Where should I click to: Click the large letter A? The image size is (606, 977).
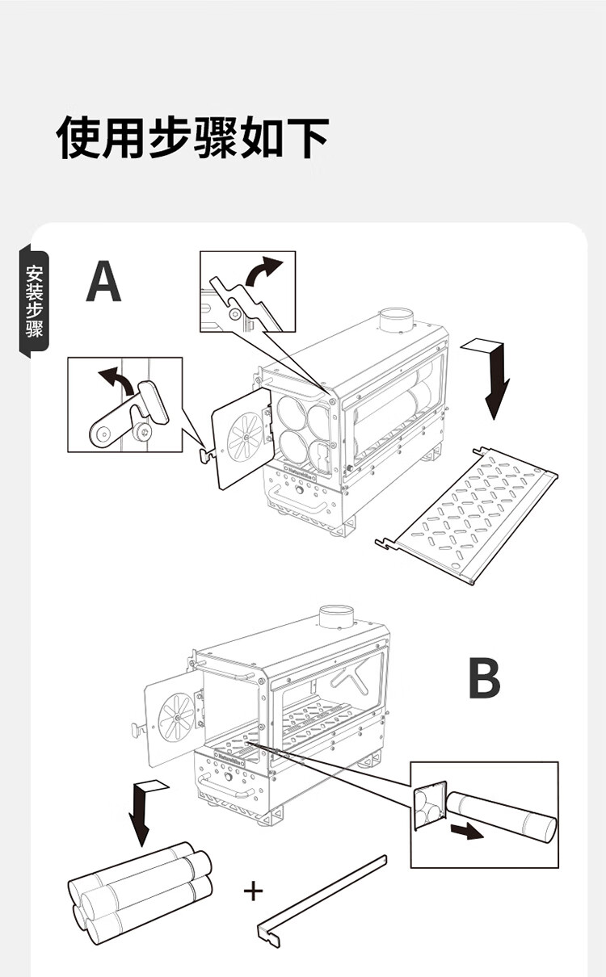[x=104, y=282]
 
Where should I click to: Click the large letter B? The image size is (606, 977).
[x=484, y=680]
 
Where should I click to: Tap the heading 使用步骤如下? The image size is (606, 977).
[x=193, y=136]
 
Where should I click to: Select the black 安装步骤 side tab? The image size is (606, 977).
[x=35, y=300]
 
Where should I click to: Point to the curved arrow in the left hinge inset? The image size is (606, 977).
[x=114, y=379]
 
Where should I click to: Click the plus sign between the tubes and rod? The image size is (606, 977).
[x=254, y=891]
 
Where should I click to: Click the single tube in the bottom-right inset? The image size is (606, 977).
[x=501, y=816]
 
